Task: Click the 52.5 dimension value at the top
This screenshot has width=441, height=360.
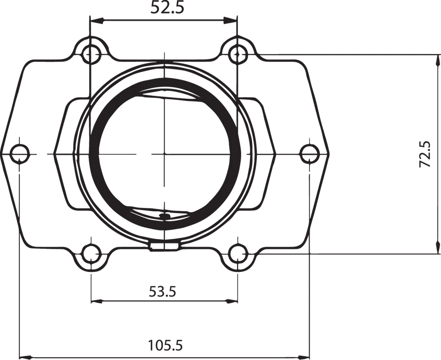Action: (164, 7)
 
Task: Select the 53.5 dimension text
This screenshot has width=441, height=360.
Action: (163, 291)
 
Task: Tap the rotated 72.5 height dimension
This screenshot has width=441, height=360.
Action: (425, 154)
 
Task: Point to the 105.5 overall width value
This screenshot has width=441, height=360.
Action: (164, 344)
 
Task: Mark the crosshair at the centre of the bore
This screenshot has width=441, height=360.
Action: (164, 153)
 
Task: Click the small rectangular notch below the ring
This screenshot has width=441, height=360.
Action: (164, 247)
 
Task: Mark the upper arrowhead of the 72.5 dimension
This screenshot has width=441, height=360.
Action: (435, 59)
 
